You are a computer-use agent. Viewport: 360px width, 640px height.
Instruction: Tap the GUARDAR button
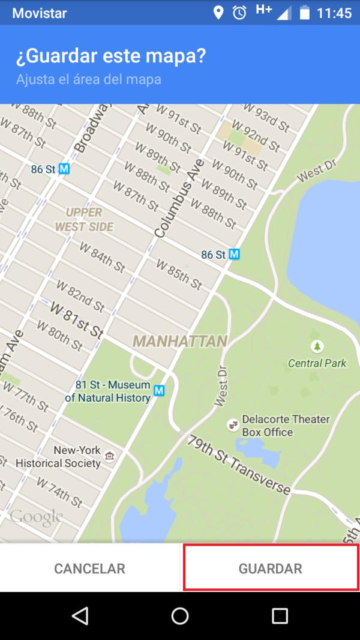click(270, 568)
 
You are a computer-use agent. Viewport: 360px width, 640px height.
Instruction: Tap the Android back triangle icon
click(80, 615)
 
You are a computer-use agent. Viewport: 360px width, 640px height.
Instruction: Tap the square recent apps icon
click(280, 615)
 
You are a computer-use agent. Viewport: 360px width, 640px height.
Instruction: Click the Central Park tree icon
click(317, 346)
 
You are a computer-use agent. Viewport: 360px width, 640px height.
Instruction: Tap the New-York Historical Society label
click(58, 457)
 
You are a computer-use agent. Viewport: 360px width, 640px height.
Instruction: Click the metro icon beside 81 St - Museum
click(159, 391)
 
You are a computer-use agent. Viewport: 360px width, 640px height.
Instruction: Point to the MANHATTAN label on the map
click(180, 341)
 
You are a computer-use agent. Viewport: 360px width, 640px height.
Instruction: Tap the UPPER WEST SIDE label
click(84, 220)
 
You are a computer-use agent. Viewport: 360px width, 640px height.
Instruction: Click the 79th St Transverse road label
click(239, 464)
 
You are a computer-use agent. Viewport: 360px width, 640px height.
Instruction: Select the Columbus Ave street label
click(179, 198)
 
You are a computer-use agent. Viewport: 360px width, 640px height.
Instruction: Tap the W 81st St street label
click(77, 319)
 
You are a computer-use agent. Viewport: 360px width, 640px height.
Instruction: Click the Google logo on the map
click(36, 516)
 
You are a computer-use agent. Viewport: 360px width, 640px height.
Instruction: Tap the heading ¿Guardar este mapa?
click(110, 56)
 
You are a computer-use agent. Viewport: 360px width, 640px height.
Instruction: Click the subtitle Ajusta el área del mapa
click(88, 79)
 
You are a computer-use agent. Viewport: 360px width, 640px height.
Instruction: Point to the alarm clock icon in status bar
click(239, 13)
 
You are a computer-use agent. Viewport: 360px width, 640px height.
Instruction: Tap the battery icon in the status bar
click(305, 13)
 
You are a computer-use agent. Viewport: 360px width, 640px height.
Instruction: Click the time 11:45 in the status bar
click(334, 13)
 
